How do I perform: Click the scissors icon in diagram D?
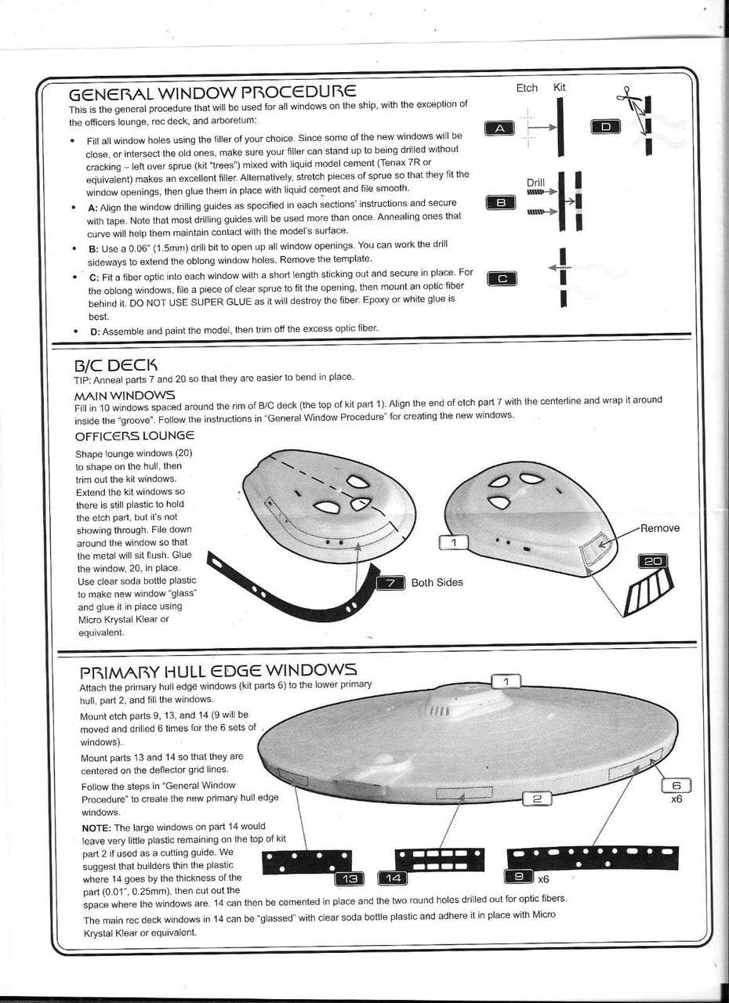[x=627, y=98]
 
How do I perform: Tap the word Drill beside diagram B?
[x=535, y=182]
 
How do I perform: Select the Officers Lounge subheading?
[x=134, y=435]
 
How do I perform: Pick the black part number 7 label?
[x=391, y=582]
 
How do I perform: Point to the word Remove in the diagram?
[x=660, y=528]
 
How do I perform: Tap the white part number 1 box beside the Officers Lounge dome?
[x=453, y=541]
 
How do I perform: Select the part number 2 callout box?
[x=537, y=798]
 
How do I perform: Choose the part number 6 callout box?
[x=676, y=786]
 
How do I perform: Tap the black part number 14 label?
[x=393, y=877]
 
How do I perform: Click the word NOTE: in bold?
[x=96, y=827]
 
